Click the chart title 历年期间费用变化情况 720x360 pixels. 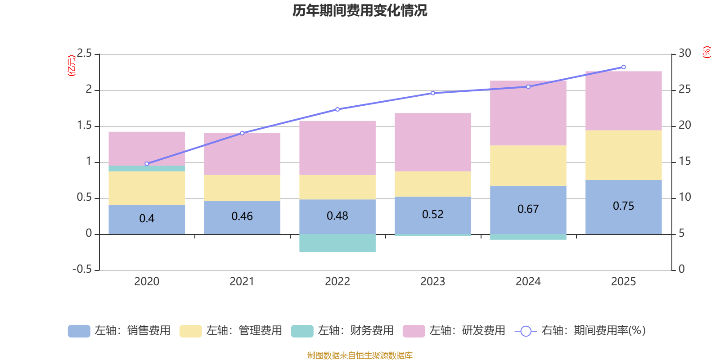[360, 10]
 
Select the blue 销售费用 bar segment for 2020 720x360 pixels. [147, 219]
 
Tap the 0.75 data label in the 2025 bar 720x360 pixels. [623, 206]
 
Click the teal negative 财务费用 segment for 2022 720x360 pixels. [337, 243]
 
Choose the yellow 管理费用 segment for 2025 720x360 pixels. [623, 155]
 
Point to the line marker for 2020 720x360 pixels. [147, 164]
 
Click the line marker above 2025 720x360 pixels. [623, 67]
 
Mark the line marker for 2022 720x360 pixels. [337, 109]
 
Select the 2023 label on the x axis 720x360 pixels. [432, 282]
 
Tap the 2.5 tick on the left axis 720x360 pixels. [84, 54]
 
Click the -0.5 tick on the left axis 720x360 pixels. [82, 269]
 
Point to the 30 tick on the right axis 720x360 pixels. [684, 54]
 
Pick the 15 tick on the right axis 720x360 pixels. [684, 161]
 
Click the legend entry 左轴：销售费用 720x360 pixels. [119, 331]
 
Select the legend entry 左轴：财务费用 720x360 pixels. [342, 331]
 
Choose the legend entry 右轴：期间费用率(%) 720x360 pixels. [580, 331]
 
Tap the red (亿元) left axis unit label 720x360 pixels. [71, 66]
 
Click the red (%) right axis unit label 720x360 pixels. [706, 52]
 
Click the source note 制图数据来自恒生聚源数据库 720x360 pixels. [360, 355]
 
